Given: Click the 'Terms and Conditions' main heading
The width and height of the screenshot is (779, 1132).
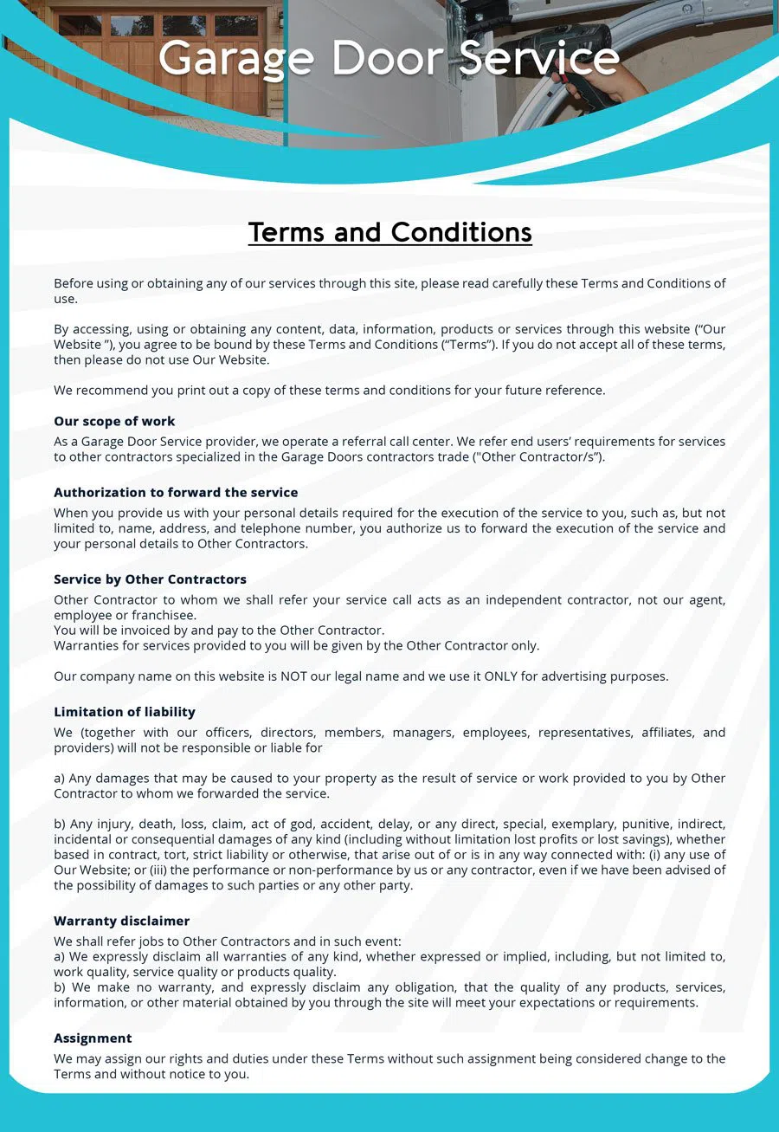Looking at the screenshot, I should coord(389,232).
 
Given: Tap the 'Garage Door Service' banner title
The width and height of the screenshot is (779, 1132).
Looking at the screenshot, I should coord(389,59).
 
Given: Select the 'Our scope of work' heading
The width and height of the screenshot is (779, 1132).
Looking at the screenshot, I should coord(114,421).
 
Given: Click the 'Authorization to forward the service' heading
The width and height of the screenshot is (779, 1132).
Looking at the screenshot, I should coord(176,492).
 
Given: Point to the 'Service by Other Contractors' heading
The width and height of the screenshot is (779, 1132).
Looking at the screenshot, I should coord(150,579).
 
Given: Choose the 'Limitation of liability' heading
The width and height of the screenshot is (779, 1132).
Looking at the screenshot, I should coord(125,711).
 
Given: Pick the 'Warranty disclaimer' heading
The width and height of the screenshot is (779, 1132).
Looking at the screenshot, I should coord(121,920).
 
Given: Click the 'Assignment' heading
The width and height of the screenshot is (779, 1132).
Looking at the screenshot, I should coord(93,1038).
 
